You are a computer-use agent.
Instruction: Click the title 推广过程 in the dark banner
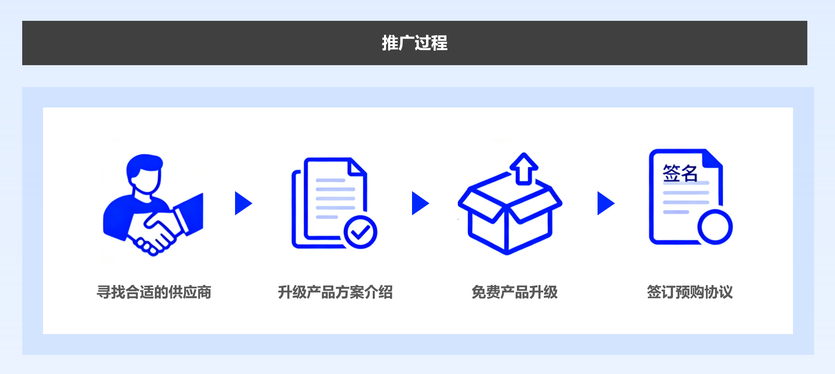click(x=414, y=43)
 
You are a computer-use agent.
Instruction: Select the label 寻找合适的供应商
click(x=154, y=292)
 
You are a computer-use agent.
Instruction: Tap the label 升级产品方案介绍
click(x=335, y=292)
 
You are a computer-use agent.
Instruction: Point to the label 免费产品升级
click(x=515, y=292)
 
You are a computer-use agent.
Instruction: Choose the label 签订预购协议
click(x=690, y=292)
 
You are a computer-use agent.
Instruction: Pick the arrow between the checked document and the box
click(x=420, y=203)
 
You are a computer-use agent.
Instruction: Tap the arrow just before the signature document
click(x=606, y=203)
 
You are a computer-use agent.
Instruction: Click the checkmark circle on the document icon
click(x=360, y=232)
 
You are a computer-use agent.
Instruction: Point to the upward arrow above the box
click(x=524, y=169)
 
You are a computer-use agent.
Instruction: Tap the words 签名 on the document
click(x=680, y=173)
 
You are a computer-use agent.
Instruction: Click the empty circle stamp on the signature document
click(x=715, y=227)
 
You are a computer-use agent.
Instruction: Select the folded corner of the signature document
click(x=712, y=159)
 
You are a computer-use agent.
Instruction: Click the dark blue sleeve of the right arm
click(x=190, y=213)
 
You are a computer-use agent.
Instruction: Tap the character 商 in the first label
click(x=204, y=292)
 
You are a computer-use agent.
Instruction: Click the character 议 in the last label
click(x=726, y=292)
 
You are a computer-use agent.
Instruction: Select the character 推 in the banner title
click(x=390, y=43)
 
